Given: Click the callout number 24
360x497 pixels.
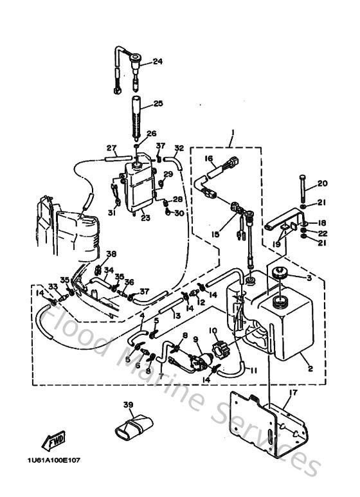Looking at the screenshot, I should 157,62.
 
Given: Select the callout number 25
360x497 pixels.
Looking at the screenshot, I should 157,103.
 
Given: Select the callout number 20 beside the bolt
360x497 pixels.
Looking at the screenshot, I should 323,183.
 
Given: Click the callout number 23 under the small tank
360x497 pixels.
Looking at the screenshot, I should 145,218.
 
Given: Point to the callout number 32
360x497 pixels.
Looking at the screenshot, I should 179,148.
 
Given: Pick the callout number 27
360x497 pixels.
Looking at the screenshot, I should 110,147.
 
